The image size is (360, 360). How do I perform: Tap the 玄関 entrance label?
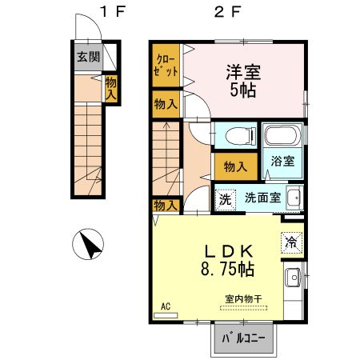pos(87,57)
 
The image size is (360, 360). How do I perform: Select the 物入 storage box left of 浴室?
pos(234,166)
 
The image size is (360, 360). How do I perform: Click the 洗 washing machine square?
pos(226,198)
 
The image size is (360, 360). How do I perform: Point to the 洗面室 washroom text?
pos(262,198)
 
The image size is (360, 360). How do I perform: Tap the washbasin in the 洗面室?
pos(294,197)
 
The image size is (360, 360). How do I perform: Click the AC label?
pos(166,306)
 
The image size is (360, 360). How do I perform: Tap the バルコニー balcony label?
pos(242,339)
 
